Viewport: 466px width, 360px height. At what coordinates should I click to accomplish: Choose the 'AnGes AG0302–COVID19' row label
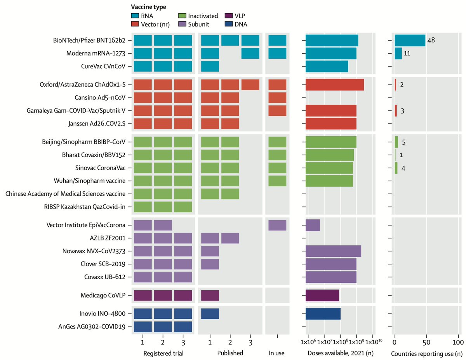[x=94, y=327]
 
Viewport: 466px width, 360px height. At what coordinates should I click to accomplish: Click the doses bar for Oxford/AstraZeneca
[x=335, y=85]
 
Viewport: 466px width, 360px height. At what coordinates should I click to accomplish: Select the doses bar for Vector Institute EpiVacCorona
[x=313, y=225]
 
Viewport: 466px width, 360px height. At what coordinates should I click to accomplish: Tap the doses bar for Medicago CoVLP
[x=322, y=295]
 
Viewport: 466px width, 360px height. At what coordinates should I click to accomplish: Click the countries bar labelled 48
[x=410, y=40]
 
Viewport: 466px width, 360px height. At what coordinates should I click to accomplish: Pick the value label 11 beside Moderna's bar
[x=407, y=53]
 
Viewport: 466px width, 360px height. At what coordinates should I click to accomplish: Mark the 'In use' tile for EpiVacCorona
[x=277, y=225]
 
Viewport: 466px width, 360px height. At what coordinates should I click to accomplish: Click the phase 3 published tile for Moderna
[x=250, y=53]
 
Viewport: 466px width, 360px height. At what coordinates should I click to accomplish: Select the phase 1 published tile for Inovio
[x=210, y=314]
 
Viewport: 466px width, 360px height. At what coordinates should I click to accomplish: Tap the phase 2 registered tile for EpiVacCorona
[x=163, y=225]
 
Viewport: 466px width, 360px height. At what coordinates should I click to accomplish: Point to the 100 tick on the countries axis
[x=458, y=343]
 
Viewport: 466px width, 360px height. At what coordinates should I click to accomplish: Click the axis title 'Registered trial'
[x=163, y=353]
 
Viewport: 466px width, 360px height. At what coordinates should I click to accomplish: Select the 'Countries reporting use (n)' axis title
[x=425, y=353]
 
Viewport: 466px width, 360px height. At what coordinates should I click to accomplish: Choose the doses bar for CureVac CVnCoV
[x=327, y=66]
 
